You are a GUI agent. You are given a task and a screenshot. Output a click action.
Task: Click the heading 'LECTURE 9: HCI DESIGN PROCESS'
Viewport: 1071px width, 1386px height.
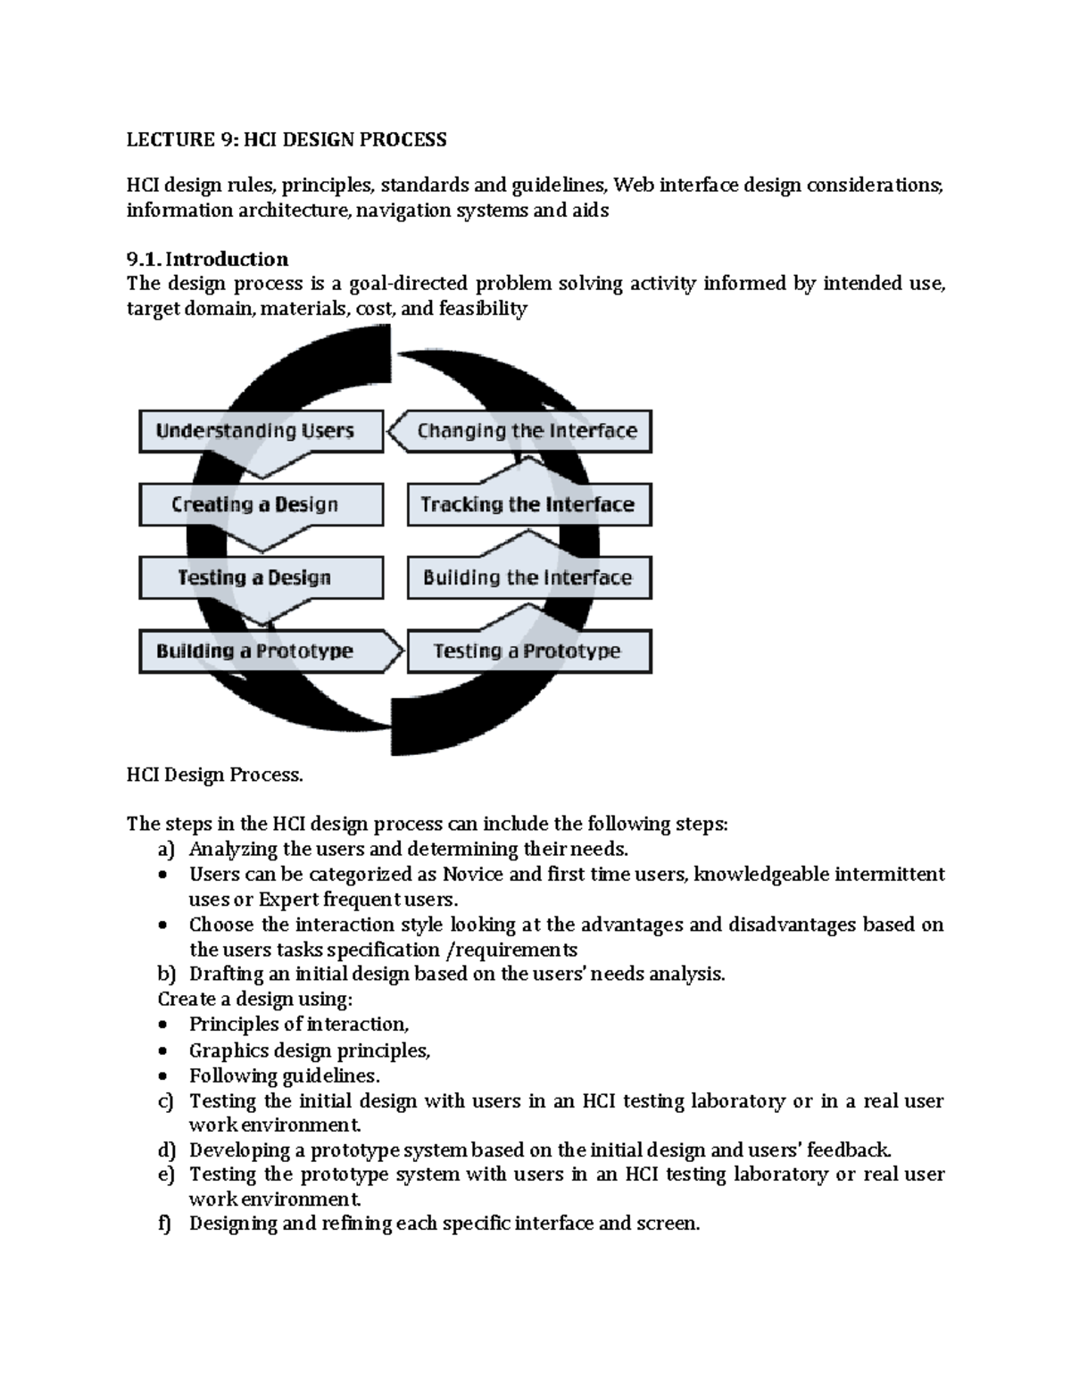click(286, 139)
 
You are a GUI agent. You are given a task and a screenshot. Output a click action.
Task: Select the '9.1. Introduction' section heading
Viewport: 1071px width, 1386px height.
click(207, 259)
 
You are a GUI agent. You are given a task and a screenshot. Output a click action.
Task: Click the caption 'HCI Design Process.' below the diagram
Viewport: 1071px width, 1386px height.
click(214, 775)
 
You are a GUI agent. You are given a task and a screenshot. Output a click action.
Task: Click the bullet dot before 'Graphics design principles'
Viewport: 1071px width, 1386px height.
click(162, 1051)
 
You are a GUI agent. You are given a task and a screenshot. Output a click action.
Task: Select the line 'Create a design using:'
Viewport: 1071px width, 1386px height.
click(255, 999)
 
